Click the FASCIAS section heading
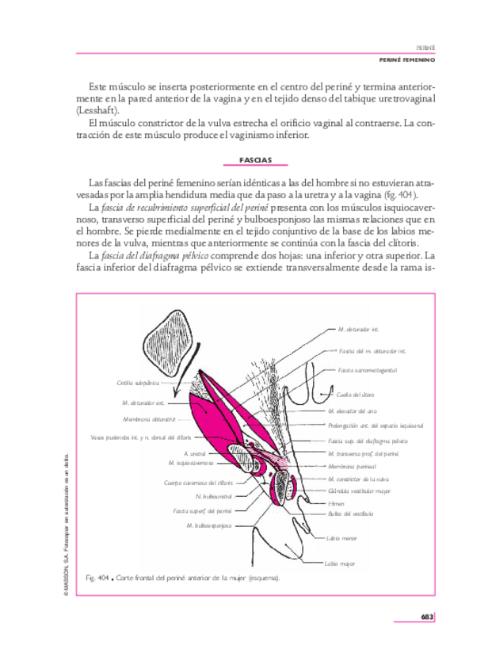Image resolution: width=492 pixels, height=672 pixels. click(256, 160)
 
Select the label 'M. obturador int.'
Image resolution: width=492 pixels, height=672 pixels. click(358, 328)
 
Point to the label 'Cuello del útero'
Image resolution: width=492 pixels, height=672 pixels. click(355, 394)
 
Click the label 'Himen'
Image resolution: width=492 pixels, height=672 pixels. click(336, 502)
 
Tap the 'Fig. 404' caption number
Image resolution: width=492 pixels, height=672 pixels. click(96, 579)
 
